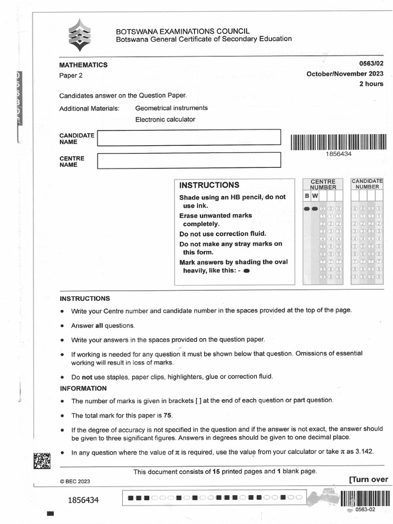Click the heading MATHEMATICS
83,65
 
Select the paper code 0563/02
371,64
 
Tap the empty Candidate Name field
189,137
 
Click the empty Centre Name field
189,160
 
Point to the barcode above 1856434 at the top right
338,142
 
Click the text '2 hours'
371,84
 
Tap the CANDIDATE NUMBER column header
367,184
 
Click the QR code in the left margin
42,461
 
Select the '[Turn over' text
368,479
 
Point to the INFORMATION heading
83,388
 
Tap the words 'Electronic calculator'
165,119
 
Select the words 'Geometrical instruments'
171,108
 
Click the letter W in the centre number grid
315,196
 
